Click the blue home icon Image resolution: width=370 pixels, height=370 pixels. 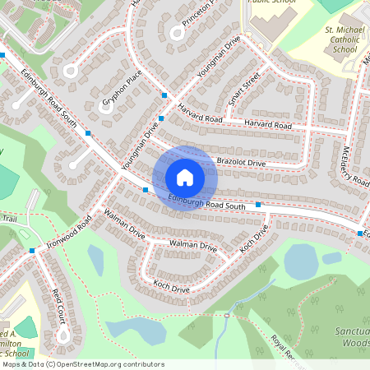click(185, 178)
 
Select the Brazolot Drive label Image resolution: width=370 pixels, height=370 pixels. click(241, 163)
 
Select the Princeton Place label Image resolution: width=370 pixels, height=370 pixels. click(197, 17)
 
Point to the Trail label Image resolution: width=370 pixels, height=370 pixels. click(9, 219)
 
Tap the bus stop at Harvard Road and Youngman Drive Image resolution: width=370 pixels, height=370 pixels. click(165, 96)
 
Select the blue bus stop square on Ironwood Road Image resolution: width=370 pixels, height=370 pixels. click(32, 250)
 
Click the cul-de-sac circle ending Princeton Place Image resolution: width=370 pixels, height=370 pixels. click(175, 34)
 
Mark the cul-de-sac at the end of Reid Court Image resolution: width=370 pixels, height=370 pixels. click(62, 336)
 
